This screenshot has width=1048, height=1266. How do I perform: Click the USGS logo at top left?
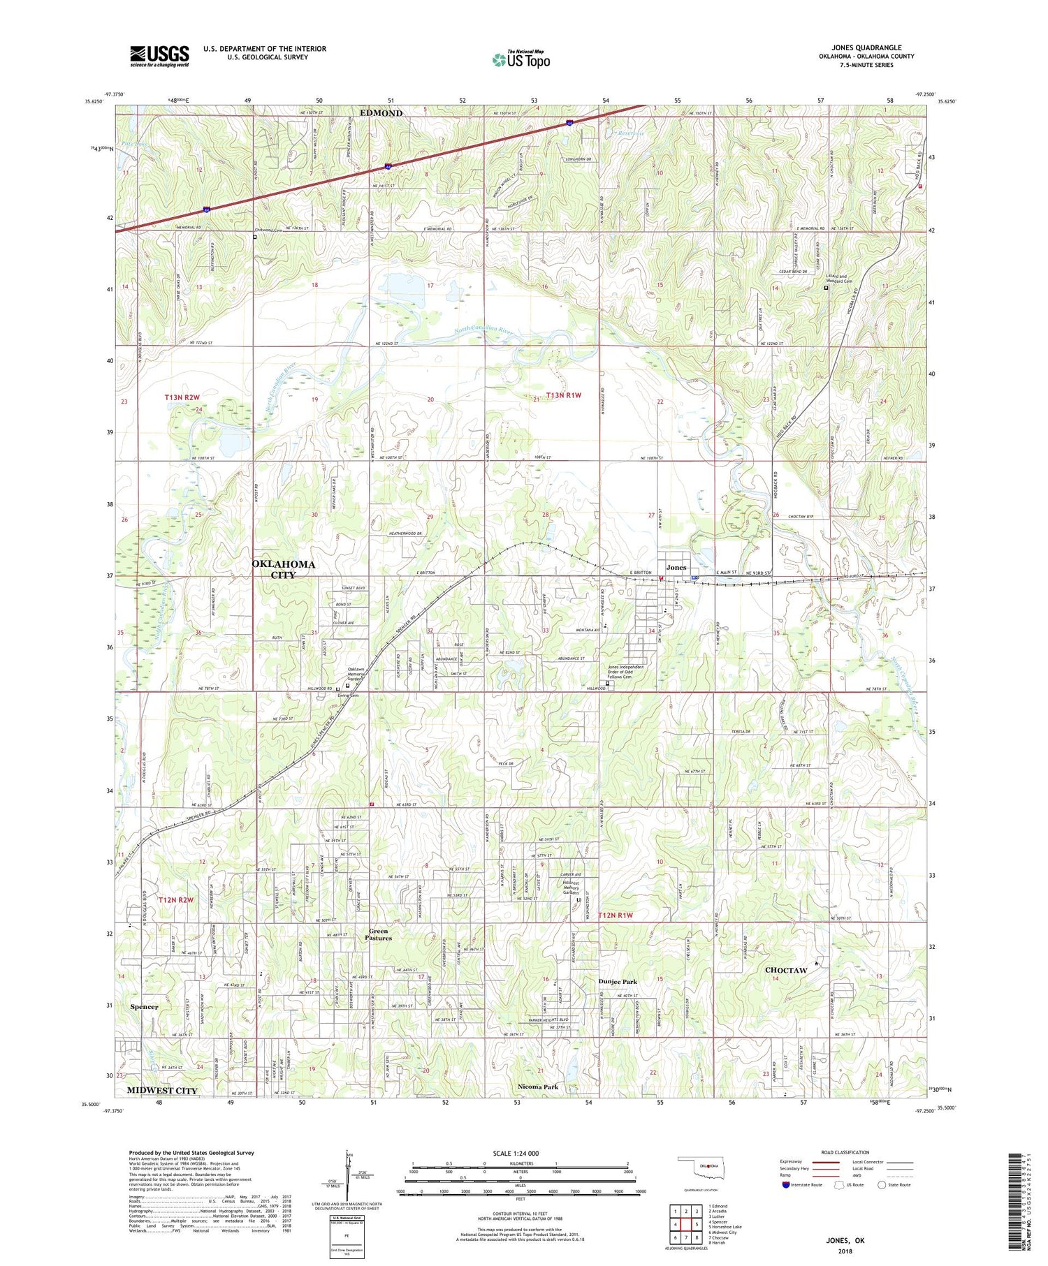[x=159, y=56]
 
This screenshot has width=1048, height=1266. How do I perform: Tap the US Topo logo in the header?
[x=521, y=59]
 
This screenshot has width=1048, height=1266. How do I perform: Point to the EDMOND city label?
[x=381, y=112]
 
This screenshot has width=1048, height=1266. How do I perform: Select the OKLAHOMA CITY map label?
[x=283, y=568]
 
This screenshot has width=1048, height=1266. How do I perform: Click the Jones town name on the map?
[x=676, y=567]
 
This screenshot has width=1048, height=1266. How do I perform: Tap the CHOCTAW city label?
[x=786, y=970]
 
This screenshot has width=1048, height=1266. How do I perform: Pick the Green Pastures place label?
[x=381, y=934]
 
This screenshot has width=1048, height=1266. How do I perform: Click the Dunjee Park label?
[x=618, y=981]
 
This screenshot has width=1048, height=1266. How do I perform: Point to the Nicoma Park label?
[x=538, y=1087]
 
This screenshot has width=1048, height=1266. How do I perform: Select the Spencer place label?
[x=144, y=1006]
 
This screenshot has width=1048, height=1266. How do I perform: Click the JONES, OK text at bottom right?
[x=845, y=1240]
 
